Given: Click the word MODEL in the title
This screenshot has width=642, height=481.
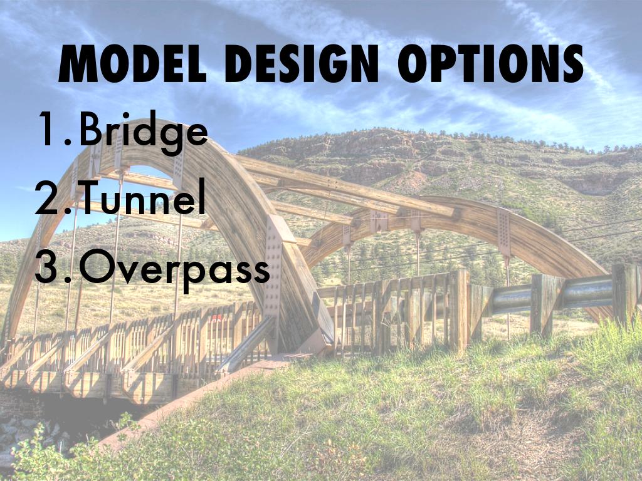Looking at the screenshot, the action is point(133,63).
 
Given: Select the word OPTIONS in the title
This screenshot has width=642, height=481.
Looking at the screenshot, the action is point(490,63).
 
